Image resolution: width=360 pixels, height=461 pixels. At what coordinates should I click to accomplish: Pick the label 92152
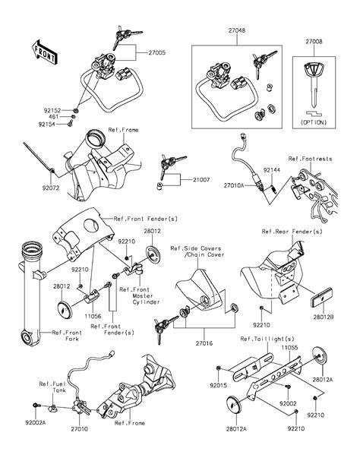point(51,109)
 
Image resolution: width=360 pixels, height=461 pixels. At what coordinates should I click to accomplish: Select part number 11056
point(92,313)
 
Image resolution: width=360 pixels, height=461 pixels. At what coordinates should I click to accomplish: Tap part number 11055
point(290,346)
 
